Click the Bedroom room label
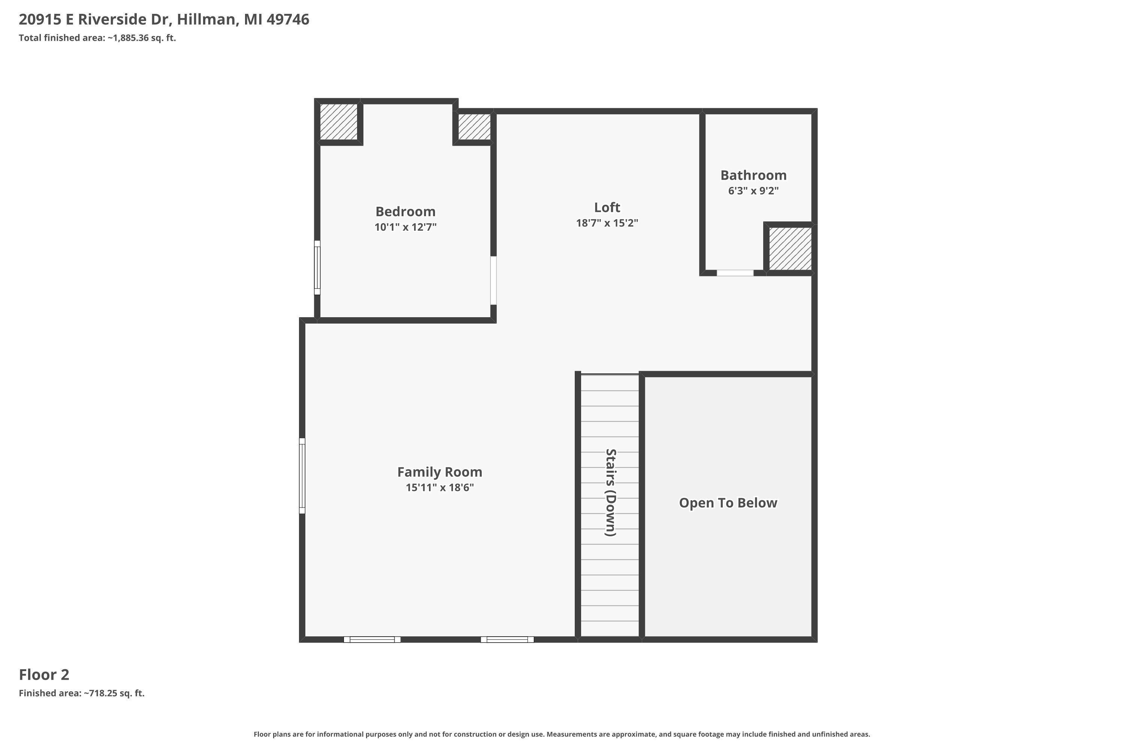(x=405, y=212)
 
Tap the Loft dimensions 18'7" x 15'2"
(x=607, y=223)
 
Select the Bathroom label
(x=753, y=175)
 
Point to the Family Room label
(x=439, y=472)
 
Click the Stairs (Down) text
(x=610, y=492)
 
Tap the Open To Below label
(x=728, y=503)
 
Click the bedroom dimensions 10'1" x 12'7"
(x=405, y=227)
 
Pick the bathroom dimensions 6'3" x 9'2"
(x=753, y=191)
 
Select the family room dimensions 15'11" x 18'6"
(x=439, y=488)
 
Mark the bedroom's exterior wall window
(x=317, y=267)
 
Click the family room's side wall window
(x=302, y=476)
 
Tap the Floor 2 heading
(x=44, y=674)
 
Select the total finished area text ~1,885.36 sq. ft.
(x=142, y=38)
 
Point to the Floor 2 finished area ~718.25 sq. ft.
(x=114, y=693)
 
